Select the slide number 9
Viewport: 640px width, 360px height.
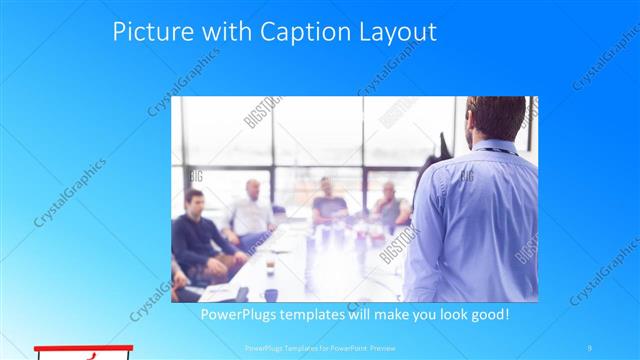[x=591, y=348]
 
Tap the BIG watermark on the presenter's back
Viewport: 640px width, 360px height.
[x=466, y=177]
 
